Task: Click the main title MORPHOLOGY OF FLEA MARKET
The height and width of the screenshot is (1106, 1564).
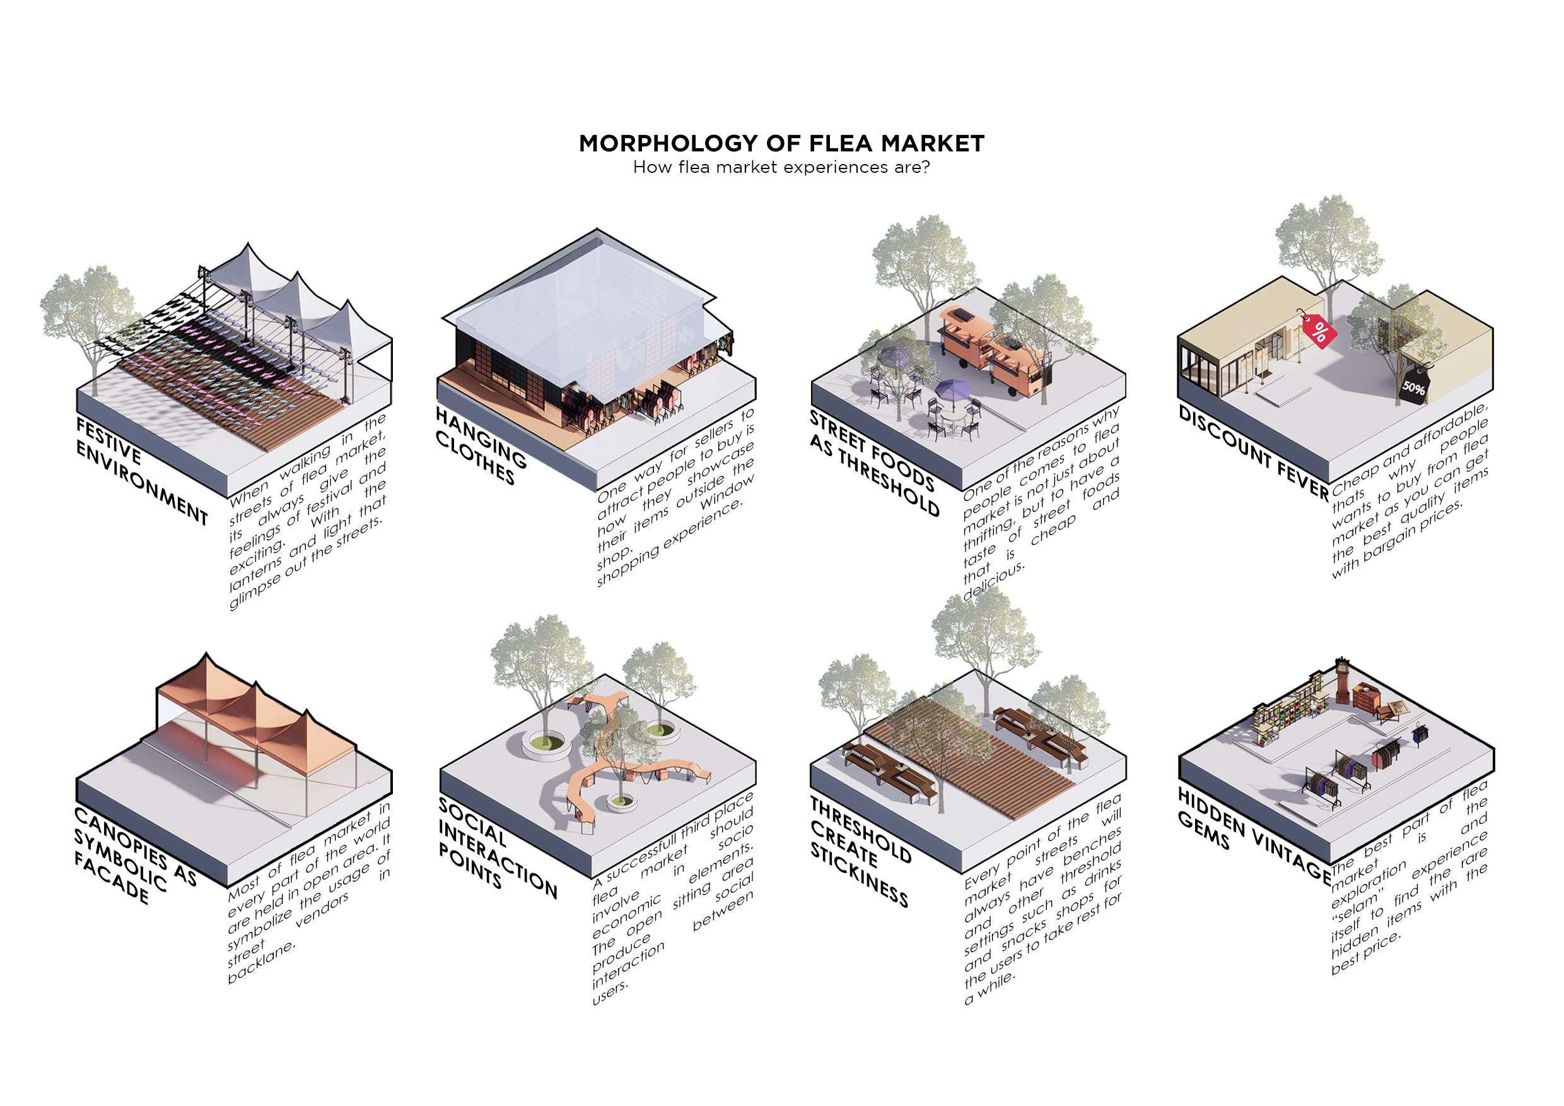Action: (781, 144)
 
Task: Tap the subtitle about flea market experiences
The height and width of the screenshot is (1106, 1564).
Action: (781, 168)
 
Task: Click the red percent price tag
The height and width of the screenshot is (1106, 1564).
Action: (1319, 332)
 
